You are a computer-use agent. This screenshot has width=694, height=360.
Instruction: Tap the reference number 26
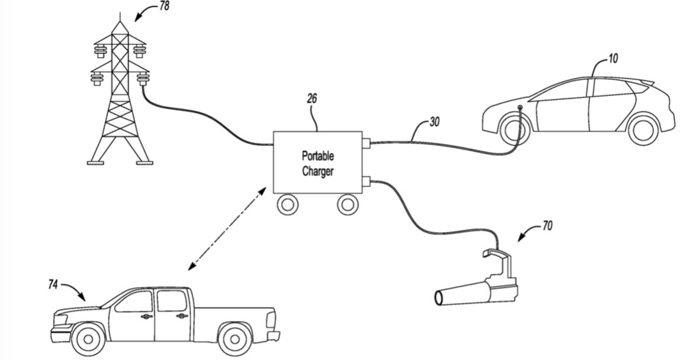312,99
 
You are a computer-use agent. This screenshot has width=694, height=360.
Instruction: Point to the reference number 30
434,121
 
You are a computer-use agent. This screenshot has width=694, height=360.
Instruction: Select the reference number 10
612,59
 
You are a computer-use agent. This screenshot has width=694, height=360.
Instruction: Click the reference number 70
547,225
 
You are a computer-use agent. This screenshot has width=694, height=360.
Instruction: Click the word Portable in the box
318,157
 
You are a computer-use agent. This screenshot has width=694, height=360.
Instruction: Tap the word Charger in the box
318,171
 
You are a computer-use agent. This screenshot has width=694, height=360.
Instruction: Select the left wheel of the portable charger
288,205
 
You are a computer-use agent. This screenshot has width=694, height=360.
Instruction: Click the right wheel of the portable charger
347,205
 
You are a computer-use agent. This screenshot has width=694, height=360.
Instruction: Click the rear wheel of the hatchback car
643,130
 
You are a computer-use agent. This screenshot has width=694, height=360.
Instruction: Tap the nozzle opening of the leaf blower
440,297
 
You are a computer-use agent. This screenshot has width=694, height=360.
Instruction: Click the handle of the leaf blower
498,256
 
